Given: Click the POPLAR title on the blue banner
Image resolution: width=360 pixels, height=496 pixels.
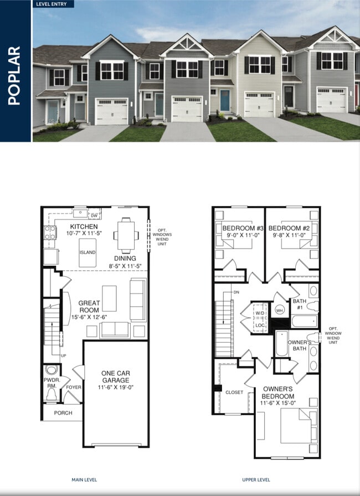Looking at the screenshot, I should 15,76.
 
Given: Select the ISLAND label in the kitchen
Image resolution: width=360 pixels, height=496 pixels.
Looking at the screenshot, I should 87,252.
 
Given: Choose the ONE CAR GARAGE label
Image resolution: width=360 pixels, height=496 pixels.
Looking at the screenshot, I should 115,377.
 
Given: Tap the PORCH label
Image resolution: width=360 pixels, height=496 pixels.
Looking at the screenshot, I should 63,412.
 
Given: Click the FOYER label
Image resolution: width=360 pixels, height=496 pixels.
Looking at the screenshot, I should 74,387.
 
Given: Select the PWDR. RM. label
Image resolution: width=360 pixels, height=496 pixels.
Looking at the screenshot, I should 52,383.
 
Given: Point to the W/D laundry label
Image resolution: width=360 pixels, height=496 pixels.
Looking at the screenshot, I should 260,314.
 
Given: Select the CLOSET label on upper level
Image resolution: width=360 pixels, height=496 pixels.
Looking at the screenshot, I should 234,392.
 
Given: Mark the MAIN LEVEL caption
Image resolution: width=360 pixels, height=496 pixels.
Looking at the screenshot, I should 84,479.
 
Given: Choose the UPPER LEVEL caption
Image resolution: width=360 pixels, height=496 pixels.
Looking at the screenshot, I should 256,479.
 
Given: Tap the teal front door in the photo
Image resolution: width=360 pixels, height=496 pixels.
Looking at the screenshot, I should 224,101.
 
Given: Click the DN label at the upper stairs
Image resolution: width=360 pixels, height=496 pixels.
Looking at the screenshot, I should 236,292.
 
